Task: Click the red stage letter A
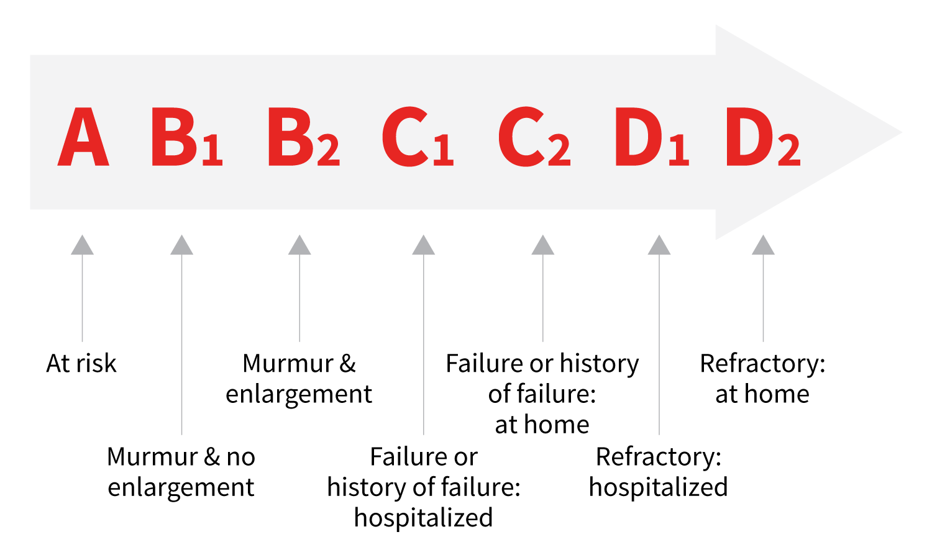(x=83, y=137)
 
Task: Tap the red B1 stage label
(x=187, y=137)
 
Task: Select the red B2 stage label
(x=304, y=137)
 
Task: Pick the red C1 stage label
(x=418, y=137)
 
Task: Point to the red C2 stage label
(x=534, y=137)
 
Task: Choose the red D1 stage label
(x=652, y=137)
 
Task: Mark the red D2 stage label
(x=763, y=137)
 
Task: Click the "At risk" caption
(x=81, y=363)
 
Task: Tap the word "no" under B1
(x=240, y=457)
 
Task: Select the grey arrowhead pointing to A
(x=83, y=245)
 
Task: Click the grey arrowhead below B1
(x=182, y=245)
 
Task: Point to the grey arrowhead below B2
(x=299, y=245)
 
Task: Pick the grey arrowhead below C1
(x=424, y=245)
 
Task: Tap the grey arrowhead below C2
(x=543, y=245)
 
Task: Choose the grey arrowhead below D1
(x=659, y=245)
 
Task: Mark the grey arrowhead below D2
(x=763, y=245)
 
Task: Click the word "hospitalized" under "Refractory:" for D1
(x=659, y=487)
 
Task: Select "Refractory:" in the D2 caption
(x=762, y=364)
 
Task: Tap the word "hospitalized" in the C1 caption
(x=424, y=518)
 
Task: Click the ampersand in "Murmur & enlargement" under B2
(x=347, y=363)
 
